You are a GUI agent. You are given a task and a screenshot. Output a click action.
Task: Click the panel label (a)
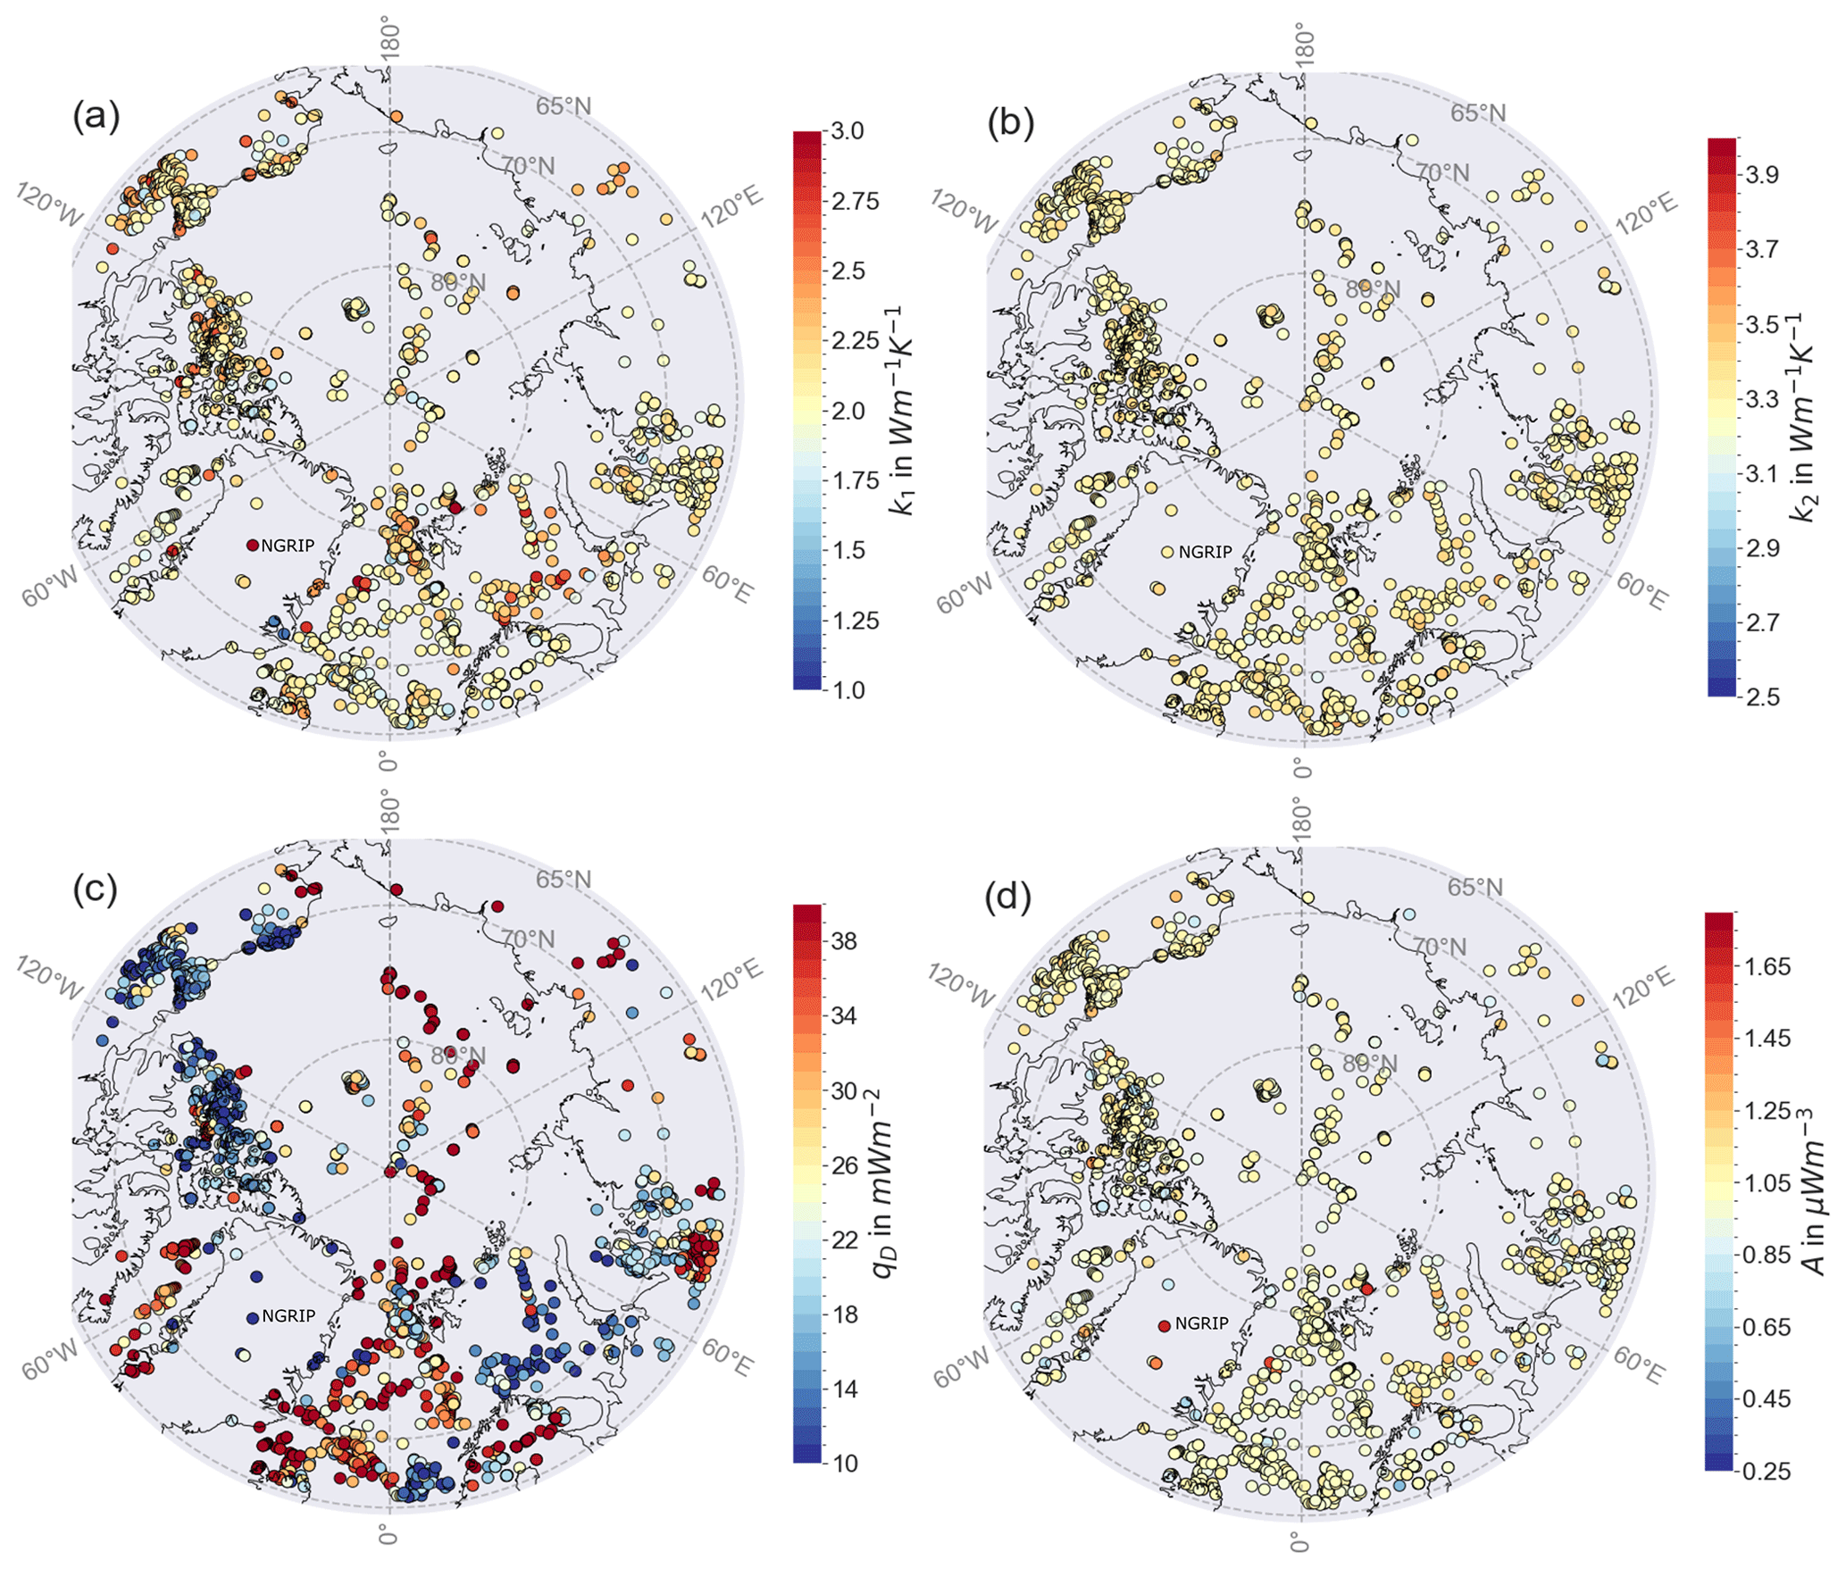tap(96, 117)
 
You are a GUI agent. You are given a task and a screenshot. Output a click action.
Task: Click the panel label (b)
tap(1010, 123)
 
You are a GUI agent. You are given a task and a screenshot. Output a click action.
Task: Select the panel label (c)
tap(96, 890)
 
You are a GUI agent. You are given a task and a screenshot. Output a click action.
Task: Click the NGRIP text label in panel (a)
tap(288, 546)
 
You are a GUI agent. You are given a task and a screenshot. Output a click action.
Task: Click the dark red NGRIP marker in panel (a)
tap(253, 546)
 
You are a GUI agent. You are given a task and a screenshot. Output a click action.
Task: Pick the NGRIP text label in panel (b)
tap(1205, 552)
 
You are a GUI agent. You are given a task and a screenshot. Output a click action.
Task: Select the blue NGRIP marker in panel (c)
tap(253, 1317)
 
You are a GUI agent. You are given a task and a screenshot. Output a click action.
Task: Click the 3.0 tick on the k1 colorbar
tap(847, 131)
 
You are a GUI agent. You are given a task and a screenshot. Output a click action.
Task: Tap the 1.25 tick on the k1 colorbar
tap(855, 621)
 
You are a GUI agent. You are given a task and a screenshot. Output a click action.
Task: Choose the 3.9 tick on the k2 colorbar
tap(1762, 175)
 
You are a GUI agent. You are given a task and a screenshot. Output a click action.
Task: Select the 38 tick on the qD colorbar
tap(843, 941)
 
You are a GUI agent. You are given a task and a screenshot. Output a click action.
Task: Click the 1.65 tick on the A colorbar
tap(1767, 966)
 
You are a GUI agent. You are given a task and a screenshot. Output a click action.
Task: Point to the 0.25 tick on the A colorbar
tap(1767, 1471)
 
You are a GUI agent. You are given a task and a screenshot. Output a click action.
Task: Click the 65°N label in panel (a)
tap(564, 106)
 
